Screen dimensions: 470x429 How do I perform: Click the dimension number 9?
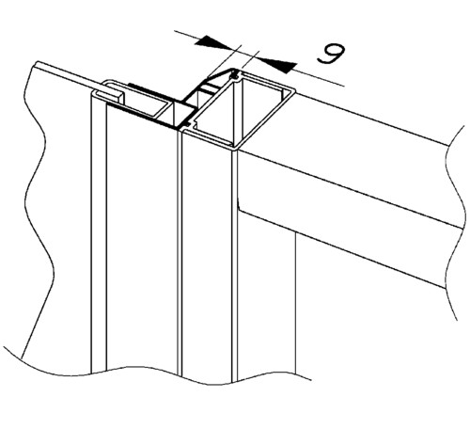coord(331,54)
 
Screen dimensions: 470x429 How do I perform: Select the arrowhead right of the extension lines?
coord(277,65)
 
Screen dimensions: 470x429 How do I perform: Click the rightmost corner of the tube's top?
coord(295,91)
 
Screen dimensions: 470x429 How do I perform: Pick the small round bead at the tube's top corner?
coord(235,74)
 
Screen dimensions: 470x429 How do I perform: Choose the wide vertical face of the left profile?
coord(142,238)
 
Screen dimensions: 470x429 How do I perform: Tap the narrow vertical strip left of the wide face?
coord(99,232)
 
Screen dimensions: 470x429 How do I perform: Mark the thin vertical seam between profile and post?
coord(180,251)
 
